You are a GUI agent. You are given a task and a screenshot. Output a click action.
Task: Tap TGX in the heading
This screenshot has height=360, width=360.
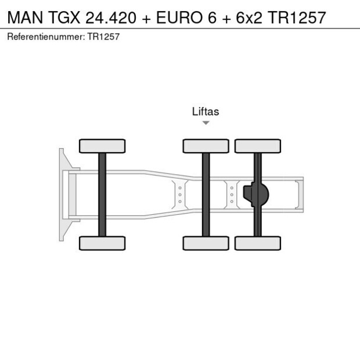63,17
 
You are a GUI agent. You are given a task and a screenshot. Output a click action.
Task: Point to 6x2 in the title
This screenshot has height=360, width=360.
245,17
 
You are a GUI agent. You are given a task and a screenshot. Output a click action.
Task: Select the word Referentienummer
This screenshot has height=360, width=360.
46,37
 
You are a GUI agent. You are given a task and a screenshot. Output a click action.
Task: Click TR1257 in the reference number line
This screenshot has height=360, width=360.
104,37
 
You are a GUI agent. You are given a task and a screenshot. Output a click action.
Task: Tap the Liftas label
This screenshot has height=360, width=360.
206,111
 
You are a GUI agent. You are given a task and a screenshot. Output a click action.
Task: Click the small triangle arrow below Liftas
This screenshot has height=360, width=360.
206,123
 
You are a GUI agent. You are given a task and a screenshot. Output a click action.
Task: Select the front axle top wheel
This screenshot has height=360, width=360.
102,146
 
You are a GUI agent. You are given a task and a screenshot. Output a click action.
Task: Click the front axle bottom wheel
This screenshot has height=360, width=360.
102,243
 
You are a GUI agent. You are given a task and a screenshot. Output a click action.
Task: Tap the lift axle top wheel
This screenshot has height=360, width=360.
206,146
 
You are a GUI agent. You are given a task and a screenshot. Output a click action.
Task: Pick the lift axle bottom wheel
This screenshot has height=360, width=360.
206,243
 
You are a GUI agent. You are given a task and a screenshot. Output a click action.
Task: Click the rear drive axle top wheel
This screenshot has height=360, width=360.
258,146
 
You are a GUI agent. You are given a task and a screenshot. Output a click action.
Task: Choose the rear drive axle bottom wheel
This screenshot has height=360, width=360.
258,243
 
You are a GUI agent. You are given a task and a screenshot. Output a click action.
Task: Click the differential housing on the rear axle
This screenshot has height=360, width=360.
259,195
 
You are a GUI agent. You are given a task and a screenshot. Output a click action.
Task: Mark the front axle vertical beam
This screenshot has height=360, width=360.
102,195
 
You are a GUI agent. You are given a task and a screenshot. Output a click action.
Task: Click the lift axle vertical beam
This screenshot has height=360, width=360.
206,195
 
